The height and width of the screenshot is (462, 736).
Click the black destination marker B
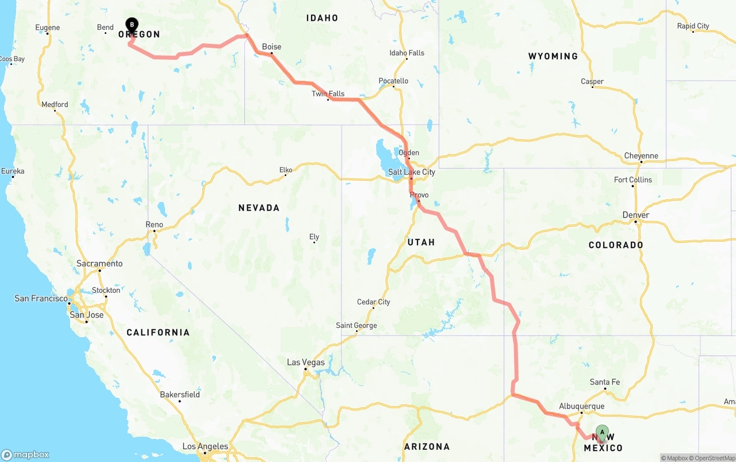[x=132, y=25]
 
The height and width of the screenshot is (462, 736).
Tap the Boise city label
[x=271, y=47]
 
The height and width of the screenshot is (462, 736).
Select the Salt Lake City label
[x=412, y=172]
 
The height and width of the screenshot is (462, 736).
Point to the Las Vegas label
[x=305, y=362]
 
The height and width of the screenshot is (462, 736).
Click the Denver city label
[x=635, y=215]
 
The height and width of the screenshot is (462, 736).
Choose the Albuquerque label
[x=581, y=406]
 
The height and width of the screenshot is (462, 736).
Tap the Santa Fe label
[x=604, y=382]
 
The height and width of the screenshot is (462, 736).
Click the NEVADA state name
[x=259, y=208]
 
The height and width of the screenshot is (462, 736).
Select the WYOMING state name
[x=553, y=56]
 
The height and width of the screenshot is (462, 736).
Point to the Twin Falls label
[x=328, y=94]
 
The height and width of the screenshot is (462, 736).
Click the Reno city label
[x=154, y=224]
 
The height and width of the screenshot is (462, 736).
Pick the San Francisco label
[x=41, y=298]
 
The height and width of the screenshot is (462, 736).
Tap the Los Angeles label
[x=205, y=446]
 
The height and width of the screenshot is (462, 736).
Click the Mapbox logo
[x=25, y=455]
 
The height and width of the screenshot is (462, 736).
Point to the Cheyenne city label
[x=641, y=156]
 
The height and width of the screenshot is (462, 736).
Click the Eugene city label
[x=47, y=28]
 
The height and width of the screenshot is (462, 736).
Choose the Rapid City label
[x=693, y=26]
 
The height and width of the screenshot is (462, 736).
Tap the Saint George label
[x=356, y=326]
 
